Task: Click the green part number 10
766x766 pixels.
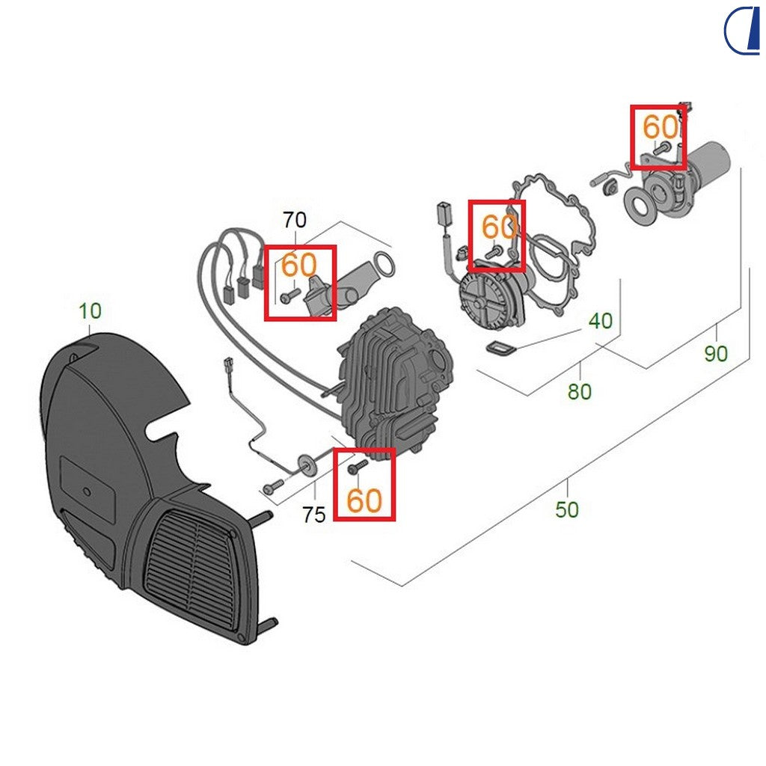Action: click(x=90, y=310)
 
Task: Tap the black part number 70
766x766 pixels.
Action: click(x=295, y=221)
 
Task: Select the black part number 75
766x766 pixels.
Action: click(x=313, y=515)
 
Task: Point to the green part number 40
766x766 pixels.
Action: click(x=601, y=321)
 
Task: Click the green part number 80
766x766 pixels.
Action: click(x=580, y=392)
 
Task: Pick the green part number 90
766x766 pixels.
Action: click(x=716, y=354)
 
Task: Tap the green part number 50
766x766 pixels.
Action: click(x=567, y=510)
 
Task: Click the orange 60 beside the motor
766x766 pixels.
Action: click(x=661, y=127)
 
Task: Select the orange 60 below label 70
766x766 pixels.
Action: click(x=299, y=265)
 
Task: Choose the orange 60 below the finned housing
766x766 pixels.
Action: click(x=364, y=500)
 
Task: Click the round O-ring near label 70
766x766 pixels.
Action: click(x=384, y=264)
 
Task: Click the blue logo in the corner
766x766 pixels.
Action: click(x=742, y=30)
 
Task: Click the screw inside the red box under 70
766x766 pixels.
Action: click(x=290, y=295)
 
